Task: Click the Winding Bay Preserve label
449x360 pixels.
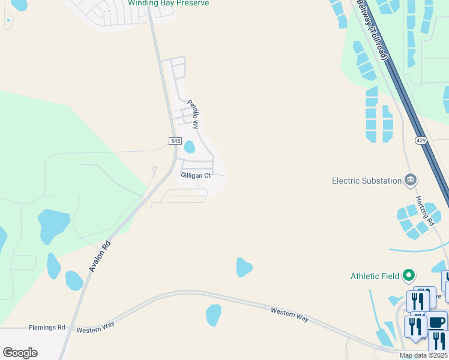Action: click(169, 4)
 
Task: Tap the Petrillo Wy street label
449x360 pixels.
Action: click(193, 114)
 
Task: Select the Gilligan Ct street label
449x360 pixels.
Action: click(196, 175)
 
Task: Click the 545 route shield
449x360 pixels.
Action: click(175, 140)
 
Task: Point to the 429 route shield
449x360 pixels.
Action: click(420, 140)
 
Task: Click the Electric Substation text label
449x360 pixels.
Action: click(367, 181)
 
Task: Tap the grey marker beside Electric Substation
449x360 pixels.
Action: click(411, 179)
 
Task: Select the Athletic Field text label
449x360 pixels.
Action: click(375, 276)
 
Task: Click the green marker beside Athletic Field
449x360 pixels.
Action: click(409, 275)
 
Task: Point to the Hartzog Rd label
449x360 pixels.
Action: click(425, 210)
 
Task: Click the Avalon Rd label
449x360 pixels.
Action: click(100, 256)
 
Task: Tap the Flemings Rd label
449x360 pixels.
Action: click(47, 328)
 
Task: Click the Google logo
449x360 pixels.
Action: click(20, 353)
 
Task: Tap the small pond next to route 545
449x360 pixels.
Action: click(190, 146)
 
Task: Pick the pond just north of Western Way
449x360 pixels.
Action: click(243, 266)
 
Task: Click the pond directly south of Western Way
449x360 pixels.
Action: click(214, 315)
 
